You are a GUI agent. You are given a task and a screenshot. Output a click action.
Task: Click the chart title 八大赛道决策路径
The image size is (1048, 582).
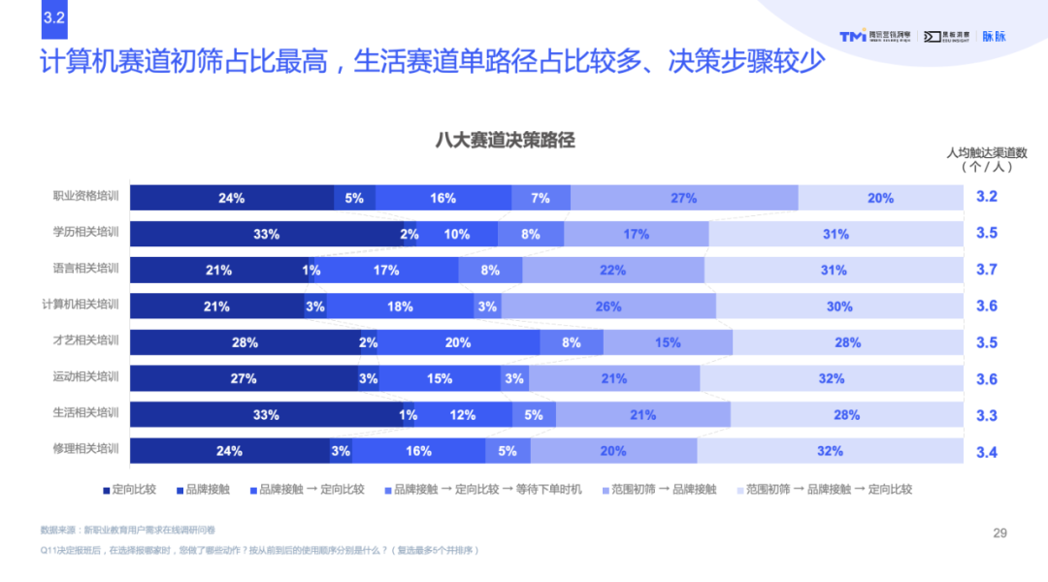click(x=505, y=141)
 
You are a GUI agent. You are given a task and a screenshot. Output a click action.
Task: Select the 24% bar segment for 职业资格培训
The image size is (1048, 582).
click(x=231, y=198)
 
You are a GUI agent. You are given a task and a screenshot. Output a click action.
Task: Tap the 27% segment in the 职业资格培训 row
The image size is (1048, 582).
click(x=683, y=198)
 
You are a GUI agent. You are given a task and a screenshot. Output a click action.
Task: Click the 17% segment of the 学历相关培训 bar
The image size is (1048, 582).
click(x=637, y=234)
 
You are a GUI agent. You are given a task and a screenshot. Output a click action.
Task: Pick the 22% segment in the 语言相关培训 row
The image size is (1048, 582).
click(x=612, y=271)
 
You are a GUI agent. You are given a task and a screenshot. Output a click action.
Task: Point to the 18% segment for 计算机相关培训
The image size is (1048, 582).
click(x=400, y=307)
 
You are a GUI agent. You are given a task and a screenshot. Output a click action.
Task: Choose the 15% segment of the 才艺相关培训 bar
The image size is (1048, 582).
click(x=668, y=342)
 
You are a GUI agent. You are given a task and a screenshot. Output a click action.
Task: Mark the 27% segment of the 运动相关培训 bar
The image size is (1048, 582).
click(x=244, y=379)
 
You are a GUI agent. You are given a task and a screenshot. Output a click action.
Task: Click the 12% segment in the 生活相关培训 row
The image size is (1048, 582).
click(x=462, y=415)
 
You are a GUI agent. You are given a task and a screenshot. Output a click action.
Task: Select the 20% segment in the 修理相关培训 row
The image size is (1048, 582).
click(x=613, y=451)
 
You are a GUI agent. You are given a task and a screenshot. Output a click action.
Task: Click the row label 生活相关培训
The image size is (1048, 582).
click(x=85, y=413)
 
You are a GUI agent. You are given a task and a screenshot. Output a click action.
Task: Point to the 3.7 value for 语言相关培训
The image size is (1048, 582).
click(x=986, y=270)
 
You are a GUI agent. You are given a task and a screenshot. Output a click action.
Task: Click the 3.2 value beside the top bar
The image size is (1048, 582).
click(x=986, y=197)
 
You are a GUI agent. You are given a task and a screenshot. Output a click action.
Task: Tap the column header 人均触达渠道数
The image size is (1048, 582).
click(x=986, y=152)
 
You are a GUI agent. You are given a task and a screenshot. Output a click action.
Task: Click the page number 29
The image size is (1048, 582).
click(x=1000, y=533)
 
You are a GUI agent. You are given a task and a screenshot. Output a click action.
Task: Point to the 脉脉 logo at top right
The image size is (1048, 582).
click(x=994, y=36)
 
